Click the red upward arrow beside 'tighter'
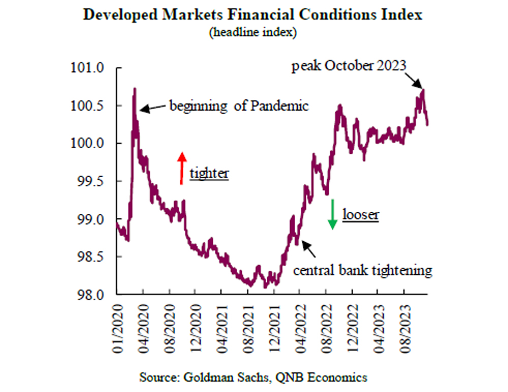(x=181, y=167)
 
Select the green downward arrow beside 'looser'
(x=332, y=214)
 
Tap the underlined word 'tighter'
(x=209, y=174)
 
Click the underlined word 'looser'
(x=361, y=215)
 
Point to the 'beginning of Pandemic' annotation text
(x=239, y=107)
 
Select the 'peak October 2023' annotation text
(x=349, y=67)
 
